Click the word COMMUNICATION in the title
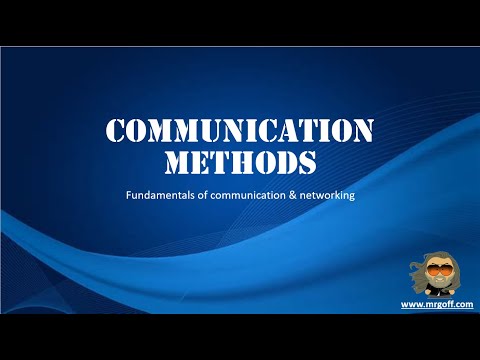click(240, 131)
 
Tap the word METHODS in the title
click(240, 160)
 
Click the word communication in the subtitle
click(245, 195)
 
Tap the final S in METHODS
click(306, 160)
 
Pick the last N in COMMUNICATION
click(363, 131)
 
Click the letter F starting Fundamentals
click(128, 195)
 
